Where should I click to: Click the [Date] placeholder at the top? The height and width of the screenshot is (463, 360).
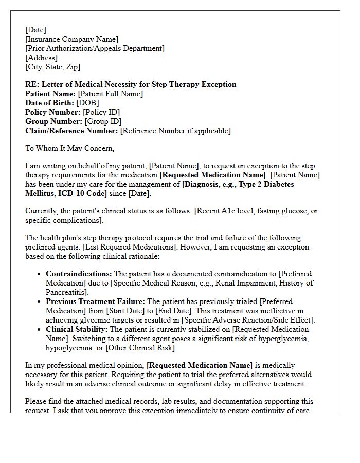(x=35, y=30)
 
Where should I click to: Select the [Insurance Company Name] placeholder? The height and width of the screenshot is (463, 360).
(x=71, y=39)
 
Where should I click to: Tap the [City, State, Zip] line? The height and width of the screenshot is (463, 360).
(x=52, y=67)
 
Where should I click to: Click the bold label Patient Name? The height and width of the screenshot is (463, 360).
(x=50, y=94)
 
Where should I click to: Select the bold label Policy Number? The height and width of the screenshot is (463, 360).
(x=53, y=112)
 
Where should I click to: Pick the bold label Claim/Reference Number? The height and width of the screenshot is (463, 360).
(x=71, y=131)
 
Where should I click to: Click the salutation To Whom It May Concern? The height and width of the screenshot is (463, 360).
(x=70, y=148)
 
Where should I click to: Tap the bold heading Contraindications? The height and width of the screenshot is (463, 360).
(x=79, y=274)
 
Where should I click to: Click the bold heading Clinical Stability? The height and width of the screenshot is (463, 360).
(x=77, y=329)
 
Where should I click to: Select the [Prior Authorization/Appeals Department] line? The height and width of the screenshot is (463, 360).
(x=95, y=48)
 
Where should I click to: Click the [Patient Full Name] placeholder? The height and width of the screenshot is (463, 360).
(x=110, y=94)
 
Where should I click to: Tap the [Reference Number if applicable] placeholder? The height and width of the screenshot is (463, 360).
(x=175, y=131)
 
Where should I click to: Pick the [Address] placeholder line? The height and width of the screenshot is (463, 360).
(x=41, y=58)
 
